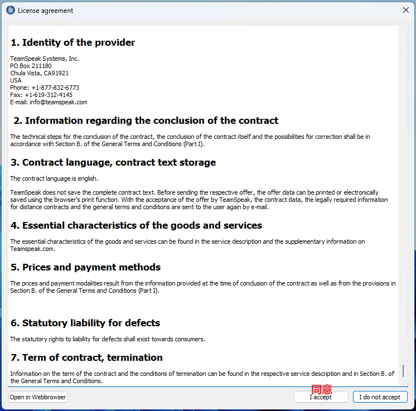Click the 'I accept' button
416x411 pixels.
point(320,397)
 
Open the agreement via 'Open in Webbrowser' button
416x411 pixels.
point(38,397)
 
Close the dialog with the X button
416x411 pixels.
point(406,10)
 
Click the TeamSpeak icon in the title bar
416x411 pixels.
point(10,10)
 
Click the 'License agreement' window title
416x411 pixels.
point(45,11)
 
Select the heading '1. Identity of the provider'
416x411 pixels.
point(72,42)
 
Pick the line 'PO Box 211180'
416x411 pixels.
point(31,66)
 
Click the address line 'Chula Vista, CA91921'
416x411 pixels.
point(39,73)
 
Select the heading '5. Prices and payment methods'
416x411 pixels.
point(85,267)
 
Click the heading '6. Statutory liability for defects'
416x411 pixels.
point(85,323)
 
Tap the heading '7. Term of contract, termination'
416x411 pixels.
point(86,357)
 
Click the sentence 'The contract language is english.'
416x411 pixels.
point(54,178)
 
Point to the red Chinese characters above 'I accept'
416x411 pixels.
point(322,389)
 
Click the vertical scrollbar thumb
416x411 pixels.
point(403,370)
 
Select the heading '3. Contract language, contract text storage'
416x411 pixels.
point(113,162)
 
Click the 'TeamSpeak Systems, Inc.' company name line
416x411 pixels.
point(45,59)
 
